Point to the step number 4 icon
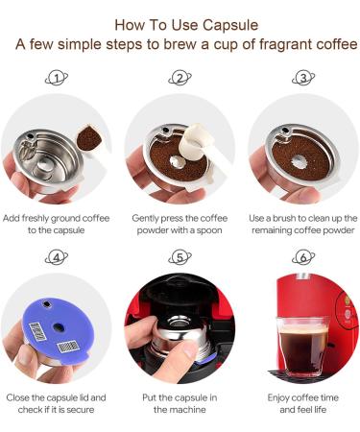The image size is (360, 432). pyautogui.click(x=58, y=257)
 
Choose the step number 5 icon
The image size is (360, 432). pyautogui.click(x=180, y=257)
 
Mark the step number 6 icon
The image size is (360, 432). pyautogui.click(x=302, y=257)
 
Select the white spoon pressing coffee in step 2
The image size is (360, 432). pyautogui.click(x=202, y=144)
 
